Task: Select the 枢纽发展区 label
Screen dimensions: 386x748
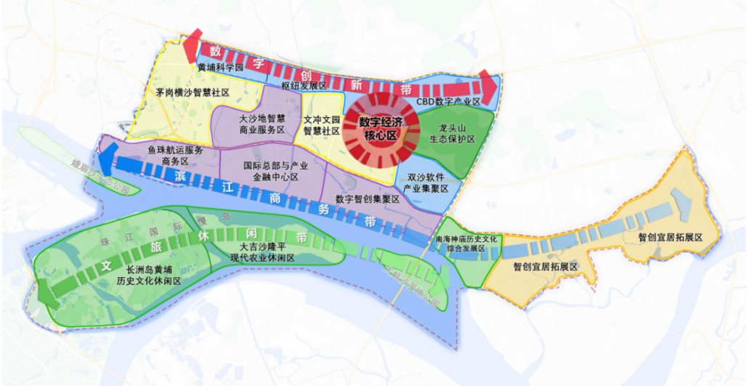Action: [x=304, y=85]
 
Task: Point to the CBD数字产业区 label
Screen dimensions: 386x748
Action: [x=449, y=102]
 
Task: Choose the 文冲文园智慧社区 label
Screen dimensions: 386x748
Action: [x=322, y=124]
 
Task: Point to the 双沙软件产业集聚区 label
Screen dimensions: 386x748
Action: [x=430, y=182]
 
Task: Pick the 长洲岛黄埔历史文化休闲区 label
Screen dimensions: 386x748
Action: [x=143, y=275]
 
